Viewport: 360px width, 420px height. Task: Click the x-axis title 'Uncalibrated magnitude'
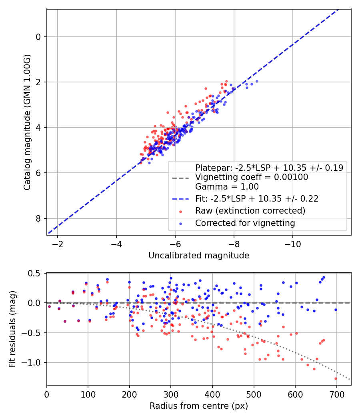point(199,256)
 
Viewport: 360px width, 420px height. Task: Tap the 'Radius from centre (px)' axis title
point(199,406)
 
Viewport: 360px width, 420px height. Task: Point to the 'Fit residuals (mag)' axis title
point(12,329)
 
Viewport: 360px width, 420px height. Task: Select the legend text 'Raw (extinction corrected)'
point(250,211)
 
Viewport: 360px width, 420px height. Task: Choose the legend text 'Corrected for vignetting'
point(245,223)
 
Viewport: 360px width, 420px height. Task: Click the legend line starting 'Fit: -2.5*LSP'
point(256,198)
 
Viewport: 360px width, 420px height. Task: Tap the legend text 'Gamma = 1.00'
point(227,186)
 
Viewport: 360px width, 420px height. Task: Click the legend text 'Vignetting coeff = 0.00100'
point(252,177)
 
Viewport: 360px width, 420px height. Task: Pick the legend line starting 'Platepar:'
point(269,168)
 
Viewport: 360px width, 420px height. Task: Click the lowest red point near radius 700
point(336,378)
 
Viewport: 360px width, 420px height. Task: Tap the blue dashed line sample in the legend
point(180,198)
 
